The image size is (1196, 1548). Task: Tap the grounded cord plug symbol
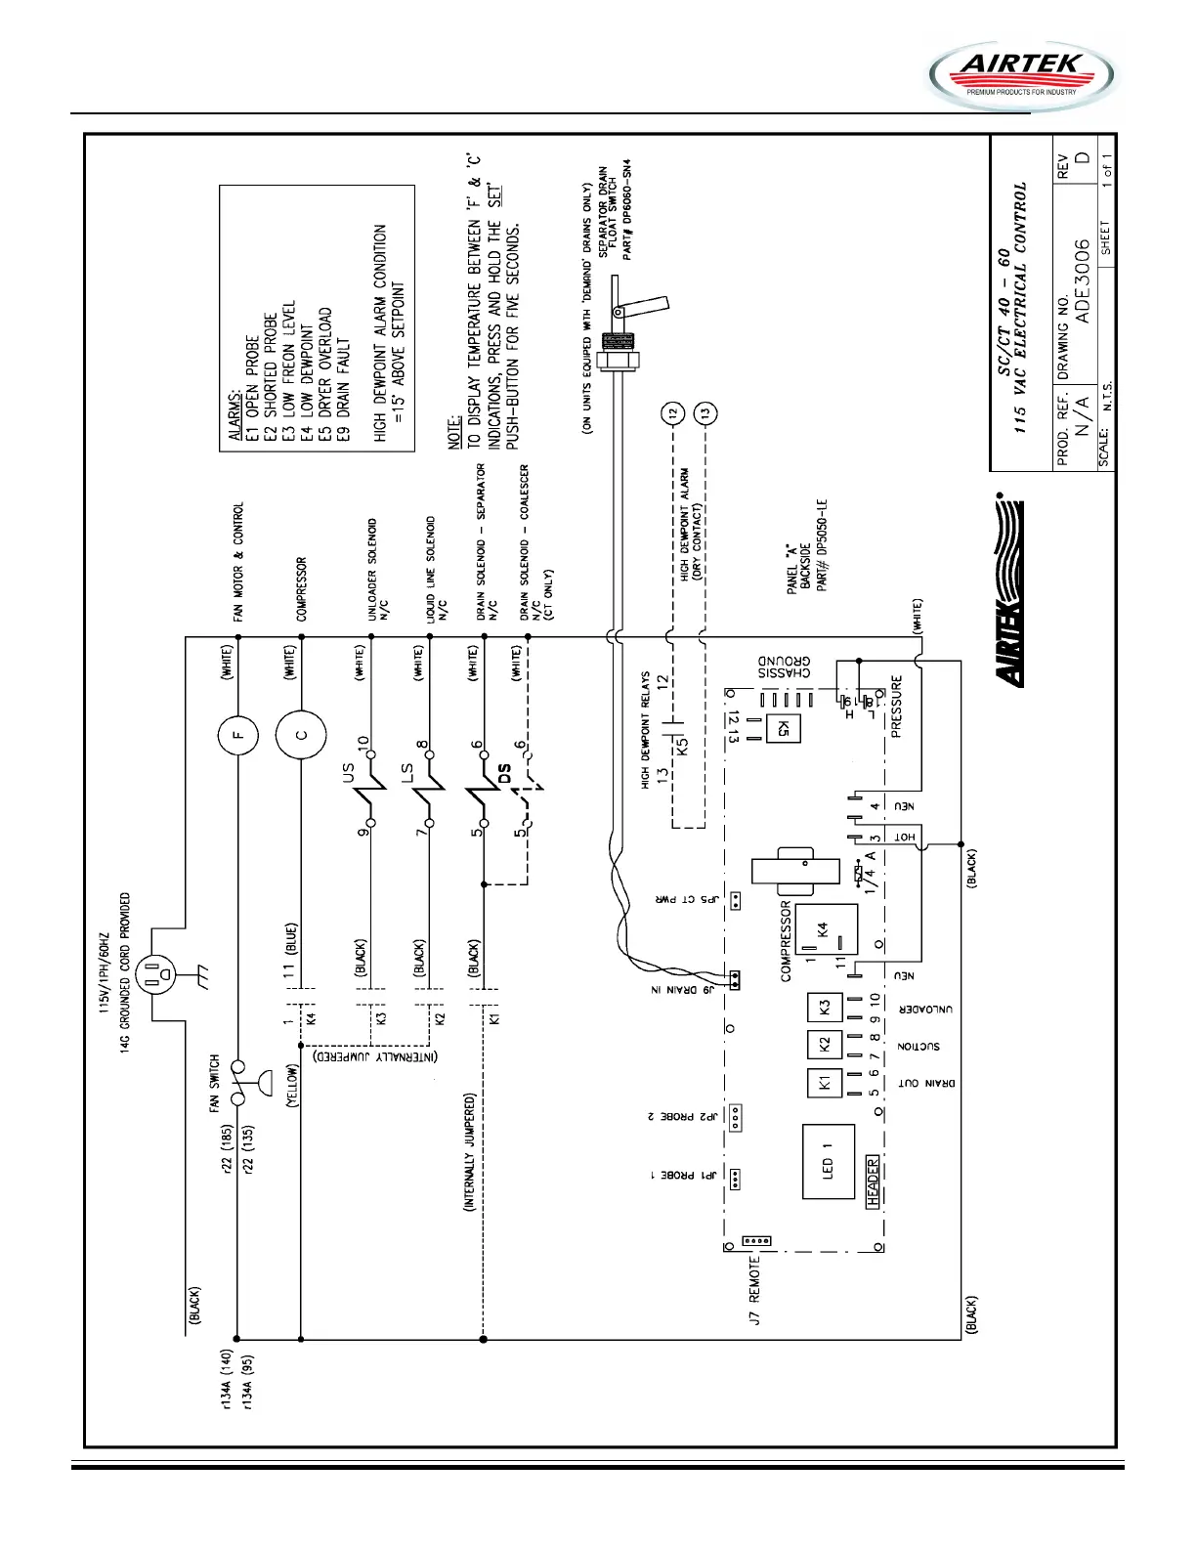pyautogui.click(x=155, y=973)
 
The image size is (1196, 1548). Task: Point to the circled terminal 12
pyautogui.click(x=671, y=413)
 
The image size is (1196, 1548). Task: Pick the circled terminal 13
pyautogui.click(x=705, y=413)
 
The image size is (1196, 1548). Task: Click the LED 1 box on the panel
pyautogui.click(x=828, y=1161)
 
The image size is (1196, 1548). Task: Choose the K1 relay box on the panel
pyautogui.click(x=824, y=1083)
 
